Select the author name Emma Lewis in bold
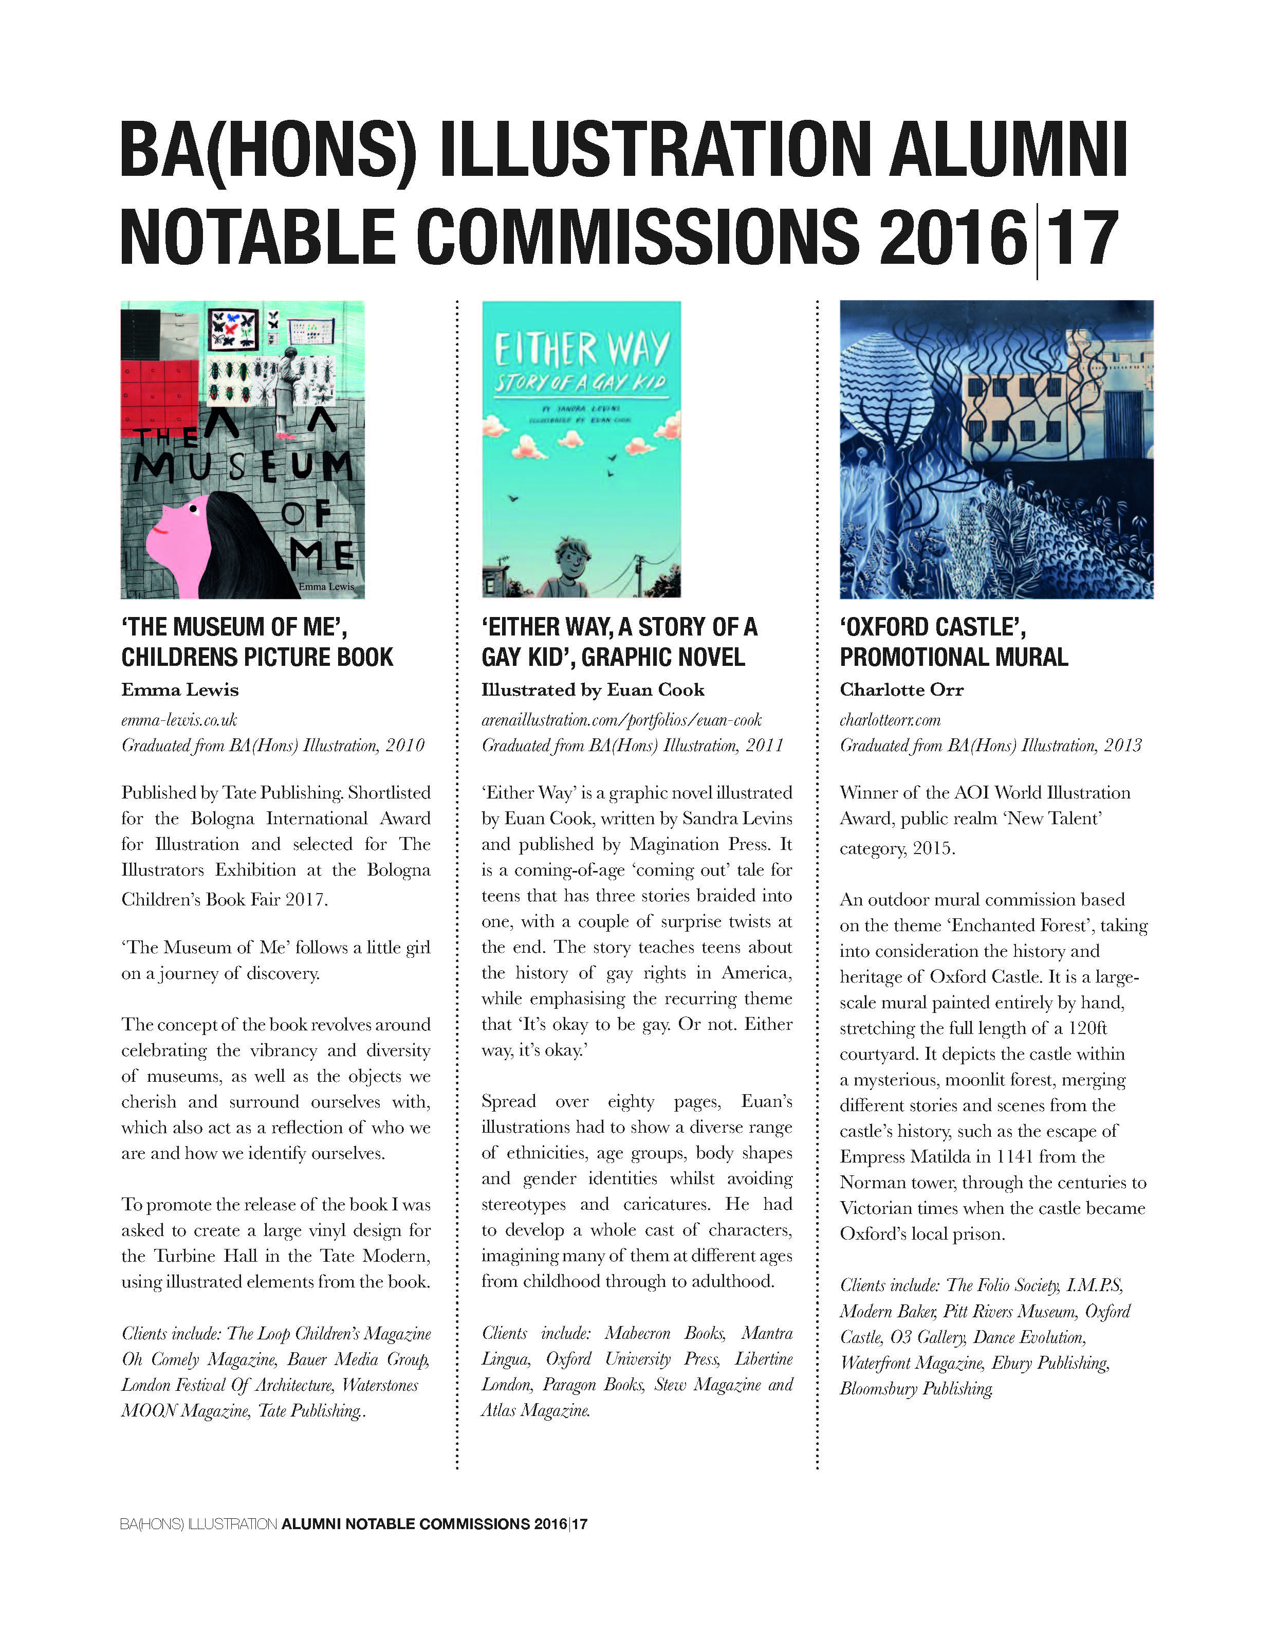pyautogui.click(x=180, y=690)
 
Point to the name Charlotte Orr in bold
pyautogui.click(x=901, y=690)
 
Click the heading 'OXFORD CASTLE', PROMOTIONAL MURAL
pyautogui.click(x=954, y=642)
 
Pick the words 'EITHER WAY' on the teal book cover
pyautogui.click(x=582, y=350)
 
